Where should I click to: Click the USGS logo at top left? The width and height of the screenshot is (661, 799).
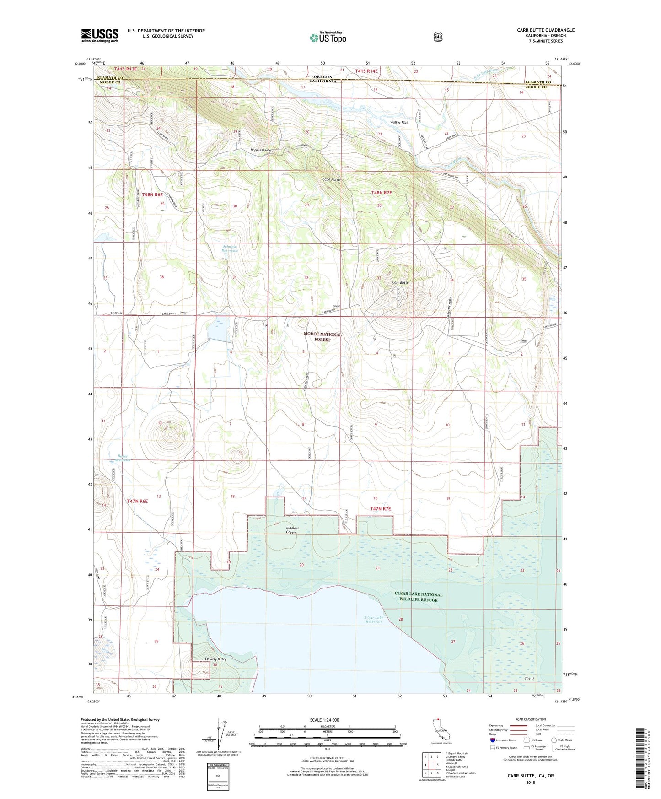(x=100, y=35)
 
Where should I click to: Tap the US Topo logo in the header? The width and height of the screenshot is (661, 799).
(x=328, y=38)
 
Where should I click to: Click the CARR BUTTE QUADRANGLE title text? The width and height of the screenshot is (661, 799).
(x=545, y=30)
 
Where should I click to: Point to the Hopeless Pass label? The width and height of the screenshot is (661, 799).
(x=261, y=150)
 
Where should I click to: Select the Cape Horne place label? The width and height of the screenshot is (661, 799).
(x=331, y=179)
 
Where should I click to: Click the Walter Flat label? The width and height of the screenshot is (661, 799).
(x=398, y=123)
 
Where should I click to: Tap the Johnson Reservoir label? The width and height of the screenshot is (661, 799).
(x=230, y=249)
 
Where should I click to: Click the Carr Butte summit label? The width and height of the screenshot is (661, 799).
(x=400, y=283)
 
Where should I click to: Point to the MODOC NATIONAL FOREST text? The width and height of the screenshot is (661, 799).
(x=322, y=337)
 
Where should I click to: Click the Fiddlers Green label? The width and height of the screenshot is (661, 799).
(x=292, y=530)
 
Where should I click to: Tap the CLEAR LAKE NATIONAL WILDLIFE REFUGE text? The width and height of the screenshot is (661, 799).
(x=418, y=597)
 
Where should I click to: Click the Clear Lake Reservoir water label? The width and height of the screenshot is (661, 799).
(x=374, y=620)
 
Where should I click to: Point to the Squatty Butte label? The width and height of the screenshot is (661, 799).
(x=215, y=659)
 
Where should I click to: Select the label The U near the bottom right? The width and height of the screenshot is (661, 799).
(x=529, y=678)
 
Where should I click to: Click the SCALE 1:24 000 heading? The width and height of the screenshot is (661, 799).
(x=324, y=720)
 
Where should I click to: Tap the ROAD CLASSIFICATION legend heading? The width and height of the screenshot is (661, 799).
(x=530, y=719)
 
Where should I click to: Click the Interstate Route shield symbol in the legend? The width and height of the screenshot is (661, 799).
(x=492, y=740)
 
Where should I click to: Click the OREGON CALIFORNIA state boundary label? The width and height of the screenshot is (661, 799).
(x=322, y=79)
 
